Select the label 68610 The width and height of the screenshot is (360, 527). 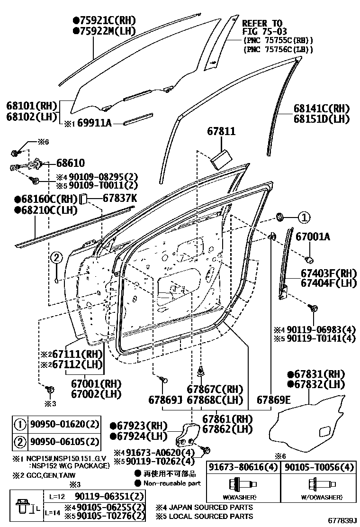click(x=71, y=164)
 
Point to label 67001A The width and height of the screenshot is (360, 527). click(x=313, y=236)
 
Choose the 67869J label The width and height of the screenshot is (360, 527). click(x=165, y=400)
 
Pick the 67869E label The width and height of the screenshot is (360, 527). click(x=274, y=400)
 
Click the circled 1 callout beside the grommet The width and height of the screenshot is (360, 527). click(x=303, y=218)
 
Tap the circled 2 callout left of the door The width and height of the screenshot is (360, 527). click(x=56, y=258)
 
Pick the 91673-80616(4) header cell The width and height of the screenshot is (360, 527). click(x=243, y=467)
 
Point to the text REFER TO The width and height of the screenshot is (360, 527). click(x=262, y=23)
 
